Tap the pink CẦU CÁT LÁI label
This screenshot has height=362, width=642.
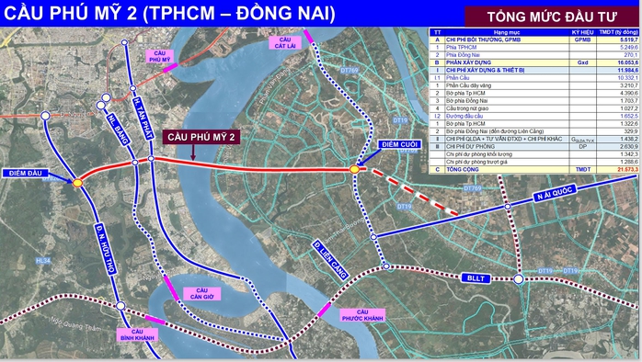(284, 42)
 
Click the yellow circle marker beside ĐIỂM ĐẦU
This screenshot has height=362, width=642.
(77, 183)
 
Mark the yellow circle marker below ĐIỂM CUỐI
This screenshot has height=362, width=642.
(354, 168)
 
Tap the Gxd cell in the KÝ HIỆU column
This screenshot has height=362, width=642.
(582, 61)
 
